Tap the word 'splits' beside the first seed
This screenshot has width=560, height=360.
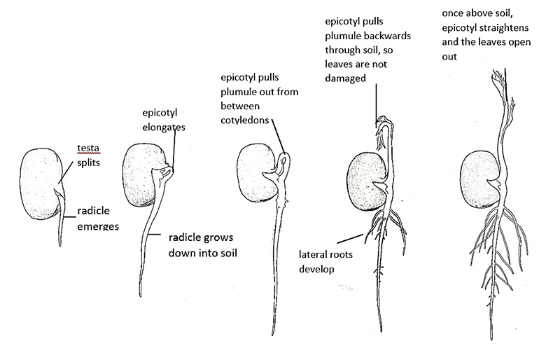(90, 161)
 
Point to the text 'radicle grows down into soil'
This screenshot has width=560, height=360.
(202, 244)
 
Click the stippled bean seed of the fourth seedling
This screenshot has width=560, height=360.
(367, 180)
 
